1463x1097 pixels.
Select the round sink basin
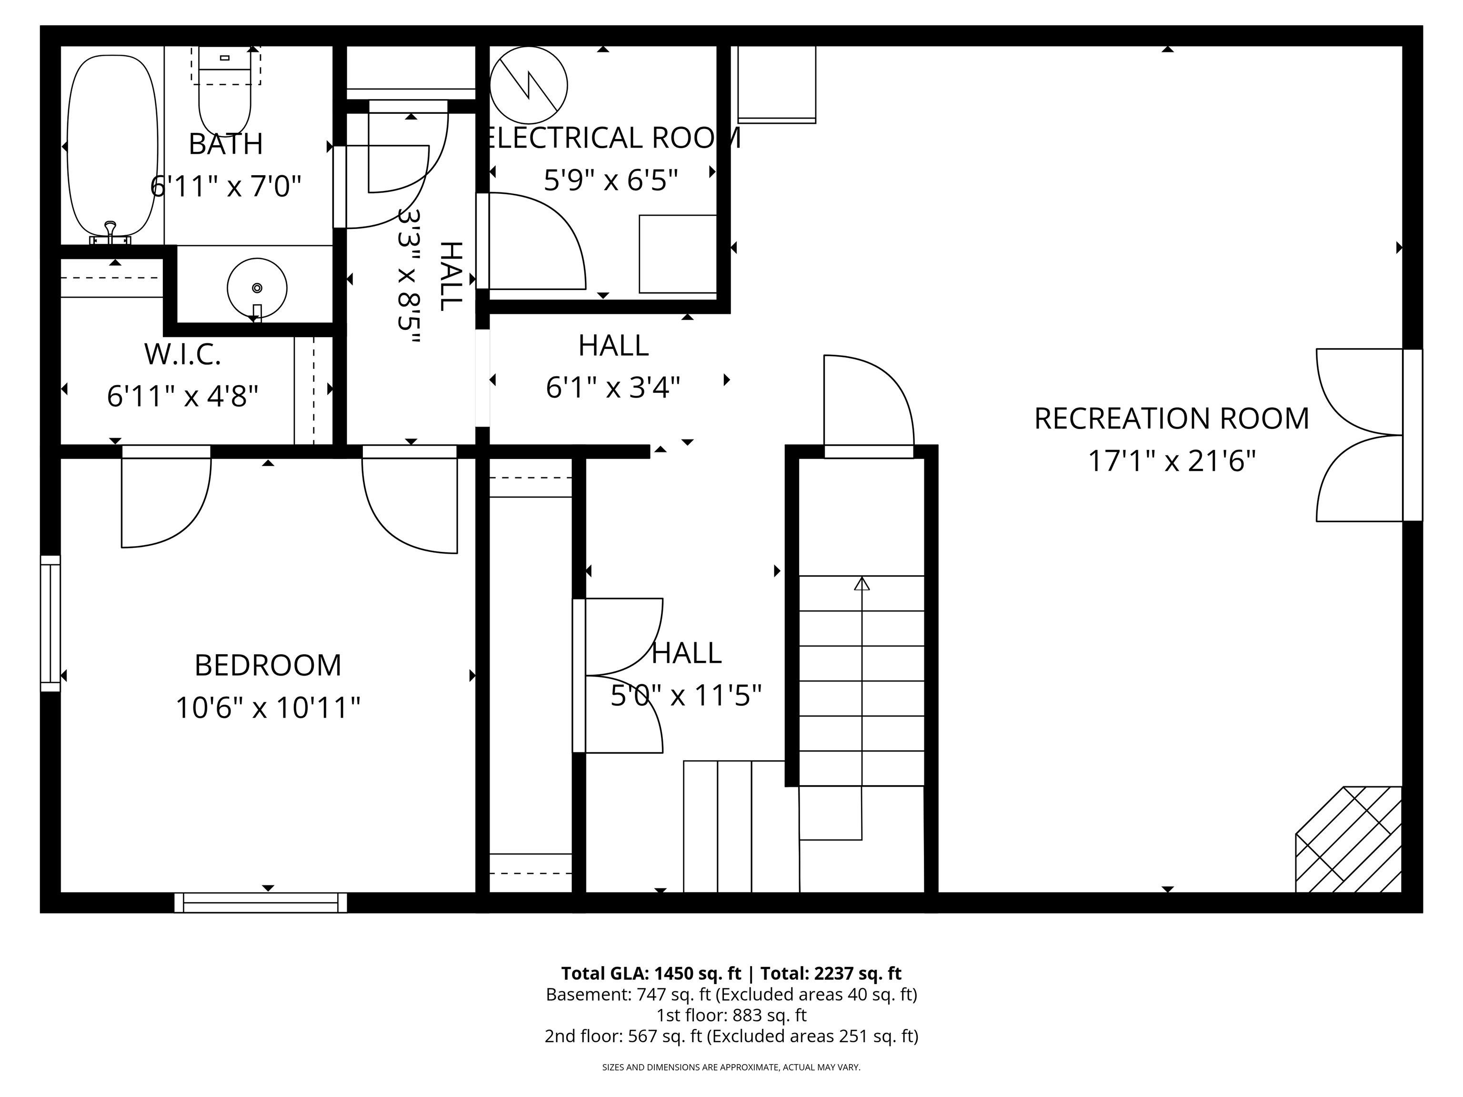pos(257,288)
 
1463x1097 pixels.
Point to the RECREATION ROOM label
pos(1172,419)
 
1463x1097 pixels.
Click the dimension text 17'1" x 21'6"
pos(1172,461)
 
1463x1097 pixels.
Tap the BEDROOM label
pos(268,665)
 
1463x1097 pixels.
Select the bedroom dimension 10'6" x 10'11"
pos(268,708)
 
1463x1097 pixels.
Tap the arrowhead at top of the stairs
pos(862,583)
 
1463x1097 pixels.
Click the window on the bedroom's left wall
pos(50,624)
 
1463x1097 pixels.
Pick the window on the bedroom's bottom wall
pos(261,903)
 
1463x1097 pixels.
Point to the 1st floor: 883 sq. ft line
pos(731,1015)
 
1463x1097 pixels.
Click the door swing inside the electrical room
pos(536,241)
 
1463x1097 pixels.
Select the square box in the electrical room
pos(678,254)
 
